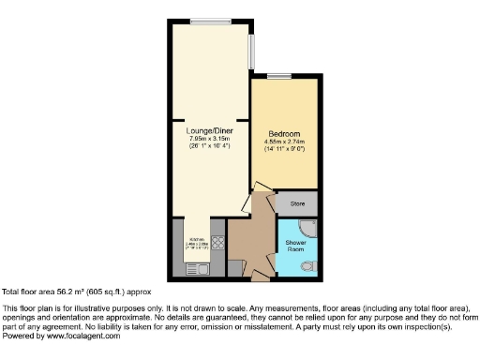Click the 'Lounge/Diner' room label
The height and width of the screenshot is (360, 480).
tap(210, 130)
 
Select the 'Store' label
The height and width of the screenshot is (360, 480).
tap(297, 202)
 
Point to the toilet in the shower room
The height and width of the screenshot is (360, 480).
tap(309, 267)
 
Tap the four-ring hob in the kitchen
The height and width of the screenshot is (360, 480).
tap(217, 242)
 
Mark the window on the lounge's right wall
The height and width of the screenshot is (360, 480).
tap(251, 52)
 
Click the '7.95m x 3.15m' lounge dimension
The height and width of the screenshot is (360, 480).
tap(210, 139)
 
